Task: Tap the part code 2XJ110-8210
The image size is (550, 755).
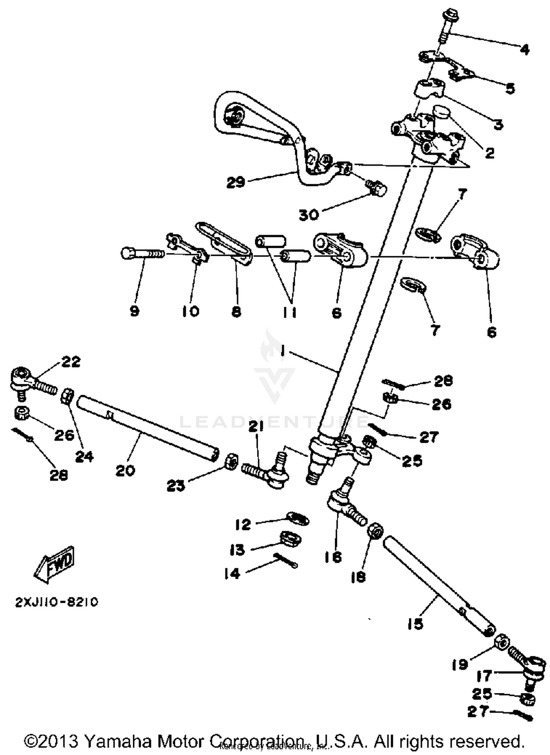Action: (56, 603)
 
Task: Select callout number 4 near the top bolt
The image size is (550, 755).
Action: (525, 49)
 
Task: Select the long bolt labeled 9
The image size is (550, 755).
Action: (141, 253)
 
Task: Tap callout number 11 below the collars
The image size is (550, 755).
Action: (290, 312)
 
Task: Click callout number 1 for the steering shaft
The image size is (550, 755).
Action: (282, 352)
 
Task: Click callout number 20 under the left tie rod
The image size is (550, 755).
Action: (125, 470)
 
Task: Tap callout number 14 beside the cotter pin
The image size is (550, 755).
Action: (232, 573)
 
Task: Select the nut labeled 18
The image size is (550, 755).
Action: (375, 531)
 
